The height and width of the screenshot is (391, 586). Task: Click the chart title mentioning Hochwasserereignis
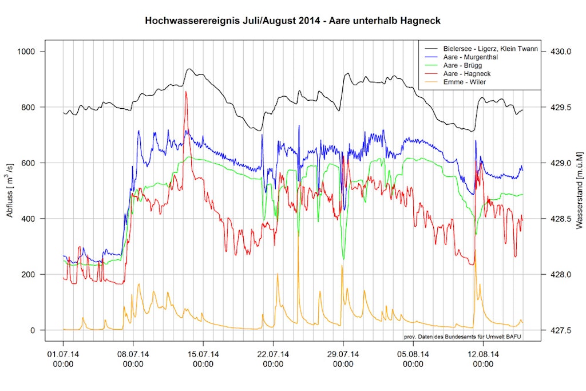292,21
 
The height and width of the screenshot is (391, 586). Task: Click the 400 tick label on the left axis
29,219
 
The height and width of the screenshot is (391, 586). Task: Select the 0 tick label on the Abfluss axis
33,330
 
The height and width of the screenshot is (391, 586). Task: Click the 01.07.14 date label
63,359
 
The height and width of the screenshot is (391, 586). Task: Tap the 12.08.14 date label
484,359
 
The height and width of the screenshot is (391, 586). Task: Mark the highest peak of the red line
185,92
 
